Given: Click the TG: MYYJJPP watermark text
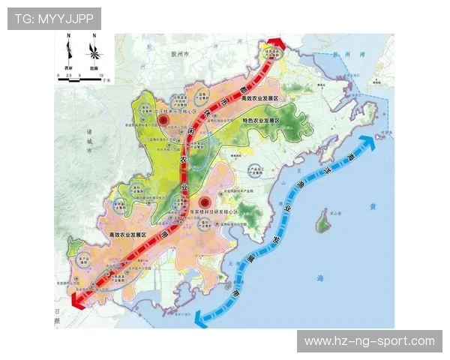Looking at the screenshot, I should [x=54, y=19].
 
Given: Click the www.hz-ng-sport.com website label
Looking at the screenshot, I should [x=369, y=341].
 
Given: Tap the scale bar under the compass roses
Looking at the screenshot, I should [x=83, y=77].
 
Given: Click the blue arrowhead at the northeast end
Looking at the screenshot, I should [x=367, y=142].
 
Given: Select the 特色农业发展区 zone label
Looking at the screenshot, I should [x=260, y=121].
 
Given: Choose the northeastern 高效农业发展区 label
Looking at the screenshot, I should [x=260, y=99].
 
